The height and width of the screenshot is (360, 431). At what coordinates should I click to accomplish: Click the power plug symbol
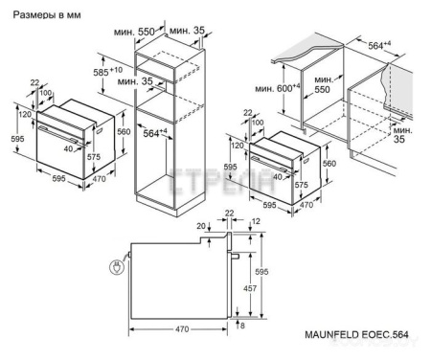[116, 269]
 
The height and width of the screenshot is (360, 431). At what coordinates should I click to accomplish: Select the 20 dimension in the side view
[201, 226]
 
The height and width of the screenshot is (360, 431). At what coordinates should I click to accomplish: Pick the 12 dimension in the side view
[254, 222]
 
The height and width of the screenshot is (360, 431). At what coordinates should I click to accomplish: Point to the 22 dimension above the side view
[230, 213]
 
